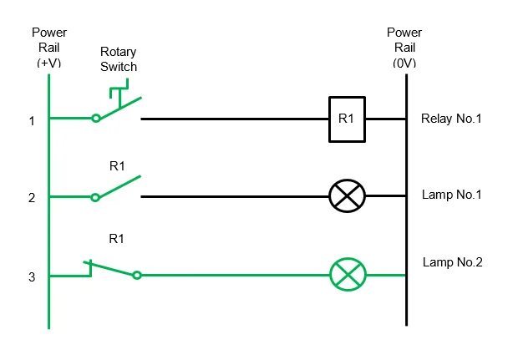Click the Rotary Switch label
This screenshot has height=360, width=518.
click(x=119, y=59)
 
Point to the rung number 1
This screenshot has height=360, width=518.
click(x=32, y=121)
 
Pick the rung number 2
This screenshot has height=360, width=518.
click(x=32, y=198)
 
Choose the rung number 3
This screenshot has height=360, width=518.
click(x=32, y=277)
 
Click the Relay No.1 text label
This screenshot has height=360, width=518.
click(x=451, y=119)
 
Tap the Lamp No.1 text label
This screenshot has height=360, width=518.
click(x=452, y=195)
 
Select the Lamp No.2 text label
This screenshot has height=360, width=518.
click(x=453, y=262)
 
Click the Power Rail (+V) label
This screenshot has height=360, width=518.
click(x=49, y=48)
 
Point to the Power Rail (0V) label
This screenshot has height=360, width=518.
click(x=404, y=48)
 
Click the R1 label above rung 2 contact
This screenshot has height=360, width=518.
click(x=117, y=165)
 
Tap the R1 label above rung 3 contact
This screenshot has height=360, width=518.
click(x=117, y=238)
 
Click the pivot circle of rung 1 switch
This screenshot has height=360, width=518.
click(x=96, y=118)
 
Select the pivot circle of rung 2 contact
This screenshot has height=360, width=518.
click(x=95, y=197)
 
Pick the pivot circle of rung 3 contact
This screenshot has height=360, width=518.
click(x=137, y=275)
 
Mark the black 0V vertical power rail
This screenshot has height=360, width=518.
click(x=406, y=200)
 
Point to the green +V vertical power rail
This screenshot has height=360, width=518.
click(x=49, y=201)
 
